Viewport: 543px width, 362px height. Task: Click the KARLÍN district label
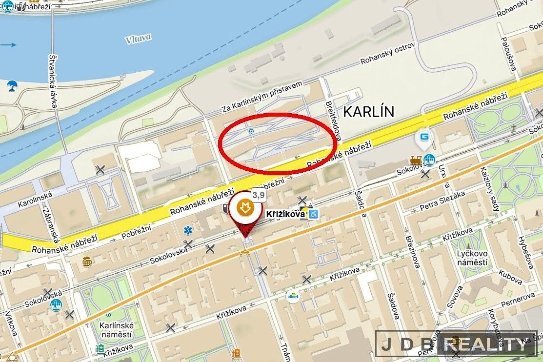(x=368, y=111)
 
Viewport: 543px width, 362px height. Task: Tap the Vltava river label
(x=138, y=38)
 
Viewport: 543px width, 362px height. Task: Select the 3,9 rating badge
(x=258, y=195)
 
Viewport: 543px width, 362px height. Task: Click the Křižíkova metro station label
(x=285, y=214)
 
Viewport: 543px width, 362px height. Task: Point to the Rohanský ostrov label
(x=387, y=54)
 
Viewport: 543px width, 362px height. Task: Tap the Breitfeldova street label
(x=334, y=118)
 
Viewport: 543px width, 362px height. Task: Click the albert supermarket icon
(x=292, y=296)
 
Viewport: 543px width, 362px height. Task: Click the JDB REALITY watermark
(x=456, y=345)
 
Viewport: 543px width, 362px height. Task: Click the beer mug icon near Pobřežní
(x=87, y=261)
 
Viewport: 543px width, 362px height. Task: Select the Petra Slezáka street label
(x=442, y=202)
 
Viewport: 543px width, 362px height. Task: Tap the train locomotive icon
(x=416, y=161)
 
